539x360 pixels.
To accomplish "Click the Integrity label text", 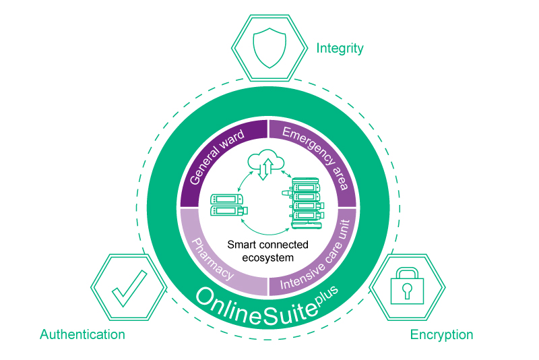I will pyautogui.click(x=340, y=49).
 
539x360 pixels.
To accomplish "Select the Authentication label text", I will pyautogui.click(x=82, y=334).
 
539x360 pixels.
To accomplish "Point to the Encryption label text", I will pyautogui.click(x=441, y=335).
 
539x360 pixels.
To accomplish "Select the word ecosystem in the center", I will pyautogui.click(x=268, y=257).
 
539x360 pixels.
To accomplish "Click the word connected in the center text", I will pyautogui.click(x=284, y=245).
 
